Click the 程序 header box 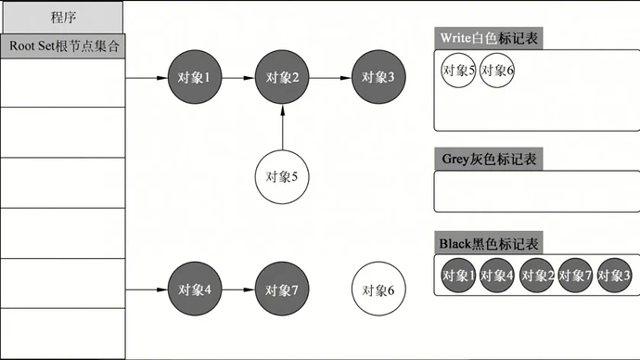tap(62, 17)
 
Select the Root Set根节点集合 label tap(62, 45)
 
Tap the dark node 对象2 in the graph tap(282, 78)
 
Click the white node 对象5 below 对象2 tap(282, 174)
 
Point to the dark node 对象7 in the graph tap(282, 289)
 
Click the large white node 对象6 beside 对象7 tap(378, 289)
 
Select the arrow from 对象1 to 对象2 tap(238, 78)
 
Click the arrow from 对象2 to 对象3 tap(329, 78)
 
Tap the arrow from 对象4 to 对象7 tap(238, 289)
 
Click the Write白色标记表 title tap(489, 39)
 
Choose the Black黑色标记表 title tap(489, 243)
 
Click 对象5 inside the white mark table tap(459, 71)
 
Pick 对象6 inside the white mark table tap(498, 71)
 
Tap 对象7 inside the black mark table tap(576, 276)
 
